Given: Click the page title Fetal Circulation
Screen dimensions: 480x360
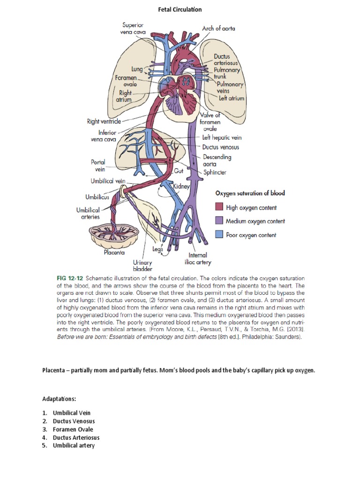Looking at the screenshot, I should click(180, 9).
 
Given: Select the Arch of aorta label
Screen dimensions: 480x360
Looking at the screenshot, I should click(218, 28).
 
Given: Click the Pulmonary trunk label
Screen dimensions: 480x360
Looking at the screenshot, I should click(227, 74).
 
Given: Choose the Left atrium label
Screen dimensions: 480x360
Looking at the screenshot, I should click(231, 98).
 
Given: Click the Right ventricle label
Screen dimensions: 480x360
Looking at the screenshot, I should click(104, 121).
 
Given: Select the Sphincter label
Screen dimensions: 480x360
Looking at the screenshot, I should click(215, 172).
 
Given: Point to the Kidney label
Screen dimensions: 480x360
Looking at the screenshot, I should click(180, 187).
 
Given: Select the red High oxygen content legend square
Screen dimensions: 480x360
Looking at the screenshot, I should click(219, 207).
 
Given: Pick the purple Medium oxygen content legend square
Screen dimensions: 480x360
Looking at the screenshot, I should click(219, 221).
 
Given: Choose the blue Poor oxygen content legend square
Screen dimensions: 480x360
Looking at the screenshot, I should click(219, 235).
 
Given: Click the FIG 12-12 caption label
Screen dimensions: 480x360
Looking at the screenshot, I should click(70, 278).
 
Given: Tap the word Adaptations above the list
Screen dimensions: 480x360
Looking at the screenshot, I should click(59, 398).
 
